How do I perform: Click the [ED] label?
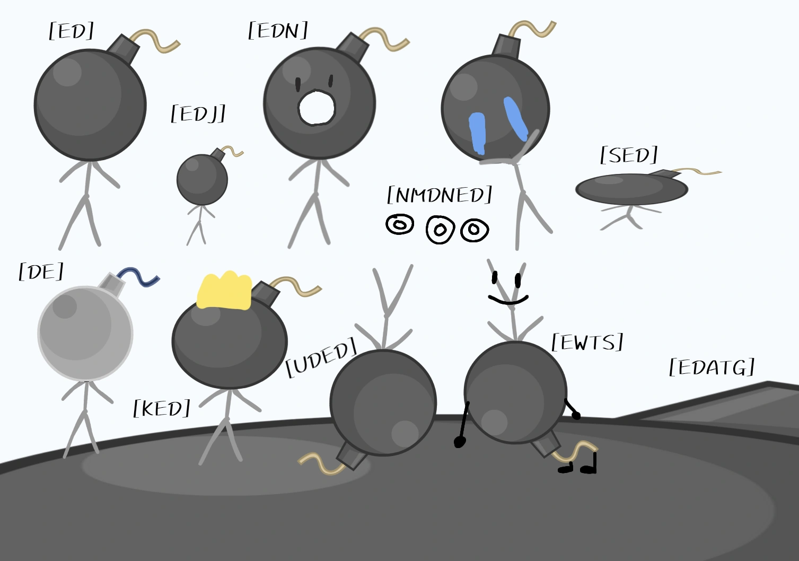click(72, 31)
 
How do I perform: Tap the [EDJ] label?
click(198, 114)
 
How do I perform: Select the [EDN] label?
click(278, 30)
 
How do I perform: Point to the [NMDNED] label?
click(440, 195)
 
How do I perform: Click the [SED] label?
click(629, 155)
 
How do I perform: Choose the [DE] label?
click(41, 271)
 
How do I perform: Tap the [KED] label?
click(162, 408)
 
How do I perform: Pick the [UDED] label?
click(321, 357)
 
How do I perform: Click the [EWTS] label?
click(587, 342)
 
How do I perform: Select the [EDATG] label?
click(712, 366)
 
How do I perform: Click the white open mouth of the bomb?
click(317, 108)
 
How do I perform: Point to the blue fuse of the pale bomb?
click(139, 277)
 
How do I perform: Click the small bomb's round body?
click(202, 179)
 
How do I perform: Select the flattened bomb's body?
click(631, 189)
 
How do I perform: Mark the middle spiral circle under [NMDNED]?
click(440, 230)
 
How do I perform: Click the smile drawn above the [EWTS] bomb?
click(508, 300)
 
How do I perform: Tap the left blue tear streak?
click(477, 134)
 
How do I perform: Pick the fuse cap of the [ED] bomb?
click(123, 49)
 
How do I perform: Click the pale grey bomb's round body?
click(85, 334)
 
